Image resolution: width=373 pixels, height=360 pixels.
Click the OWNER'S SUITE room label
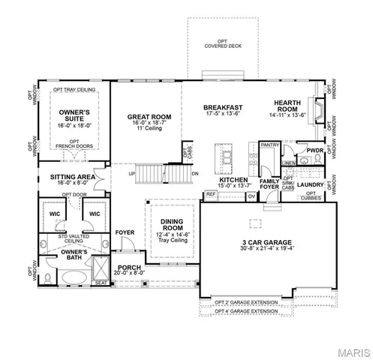(71, 115)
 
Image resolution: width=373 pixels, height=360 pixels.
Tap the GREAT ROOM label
(149, 116)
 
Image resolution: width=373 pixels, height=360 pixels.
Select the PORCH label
(126, 268)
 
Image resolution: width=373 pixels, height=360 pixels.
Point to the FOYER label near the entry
(125, 232)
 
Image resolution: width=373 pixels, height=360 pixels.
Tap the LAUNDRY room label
(309, 184)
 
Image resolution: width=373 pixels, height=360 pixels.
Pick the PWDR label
(314, 151)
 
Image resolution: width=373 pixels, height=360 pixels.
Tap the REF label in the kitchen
(211, 194)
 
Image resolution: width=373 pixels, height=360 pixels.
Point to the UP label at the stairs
(133, 174)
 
